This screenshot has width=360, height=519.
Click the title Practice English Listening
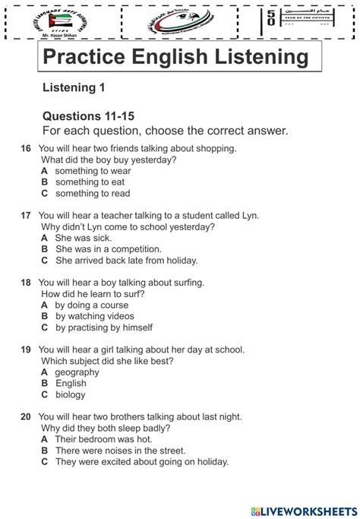click(175, 58)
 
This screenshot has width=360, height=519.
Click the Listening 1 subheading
click(74, 88)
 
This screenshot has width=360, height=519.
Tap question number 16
click(26, 149)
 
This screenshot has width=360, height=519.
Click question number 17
click(26, 216)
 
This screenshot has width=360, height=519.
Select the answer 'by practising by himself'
click(103, 328)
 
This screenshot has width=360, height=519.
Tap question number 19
click(26, 350)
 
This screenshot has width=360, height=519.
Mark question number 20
click(26, 416)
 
